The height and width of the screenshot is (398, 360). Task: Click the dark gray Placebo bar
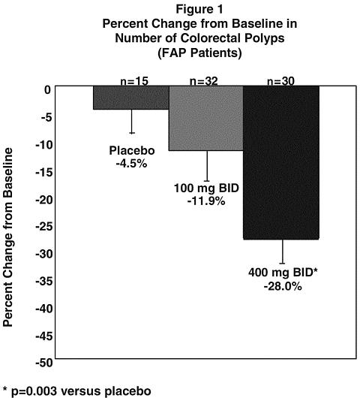click(x=131, y=98)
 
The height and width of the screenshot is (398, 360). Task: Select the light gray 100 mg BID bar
click(x=206, y=119)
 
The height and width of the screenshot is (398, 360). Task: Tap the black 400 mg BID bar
click(x=281, y=162)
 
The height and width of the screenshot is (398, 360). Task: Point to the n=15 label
click(x=134, y=81)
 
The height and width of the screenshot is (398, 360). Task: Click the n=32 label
click(x=204, y=81)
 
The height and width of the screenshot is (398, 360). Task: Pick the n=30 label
click(x=280, y=81)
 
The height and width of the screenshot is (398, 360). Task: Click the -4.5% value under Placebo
click(x=131, y=164)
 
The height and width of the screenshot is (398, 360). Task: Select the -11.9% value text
click(x=206, y=201)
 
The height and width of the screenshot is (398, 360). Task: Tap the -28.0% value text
click(x=283, y=287)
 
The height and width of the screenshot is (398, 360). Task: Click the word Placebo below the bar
click(x=132, y=150)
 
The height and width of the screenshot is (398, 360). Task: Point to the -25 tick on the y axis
click(x=43, y=227)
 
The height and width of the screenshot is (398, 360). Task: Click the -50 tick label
click(x=43, y=363)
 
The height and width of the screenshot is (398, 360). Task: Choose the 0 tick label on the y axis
click(x=48, y=90)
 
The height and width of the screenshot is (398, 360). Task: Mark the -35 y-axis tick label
click(x=43, y=282)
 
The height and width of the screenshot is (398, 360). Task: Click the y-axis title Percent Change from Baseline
click(x=7, y=237)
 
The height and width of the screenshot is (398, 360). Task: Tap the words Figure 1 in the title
click(x=199, y=10)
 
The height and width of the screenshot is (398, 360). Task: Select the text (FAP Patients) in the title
click(x=199, y=53)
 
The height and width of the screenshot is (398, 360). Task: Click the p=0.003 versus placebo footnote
click(x=76, y=391)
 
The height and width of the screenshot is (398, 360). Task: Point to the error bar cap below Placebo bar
click(x=132, y=133)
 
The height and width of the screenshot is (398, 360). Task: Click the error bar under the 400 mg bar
click(x=283, y=252)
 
